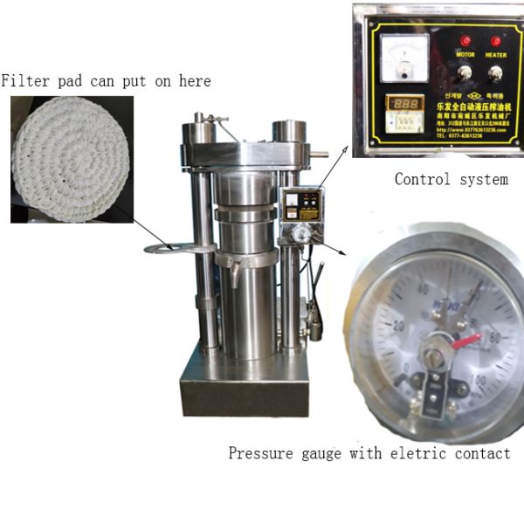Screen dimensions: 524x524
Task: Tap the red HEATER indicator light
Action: (497, 40)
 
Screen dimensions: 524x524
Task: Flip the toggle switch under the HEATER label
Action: (497, 69)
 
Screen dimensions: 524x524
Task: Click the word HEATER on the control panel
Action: (497, 53)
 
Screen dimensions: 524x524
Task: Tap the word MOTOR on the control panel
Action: (465, 53)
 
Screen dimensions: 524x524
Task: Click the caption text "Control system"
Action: (451, 180)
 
